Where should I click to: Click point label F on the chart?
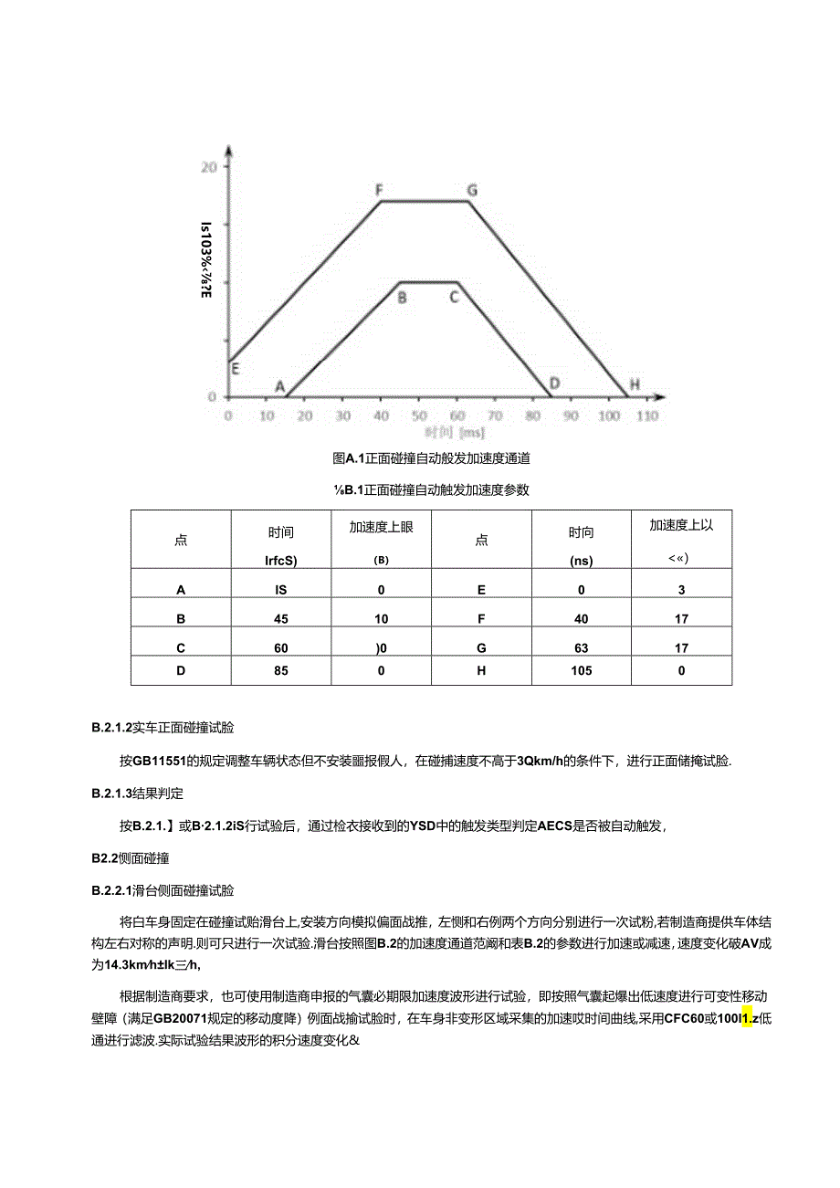379,190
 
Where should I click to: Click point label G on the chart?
472,190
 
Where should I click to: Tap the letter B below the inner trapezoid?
402,296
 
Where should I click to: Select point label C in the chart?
453,296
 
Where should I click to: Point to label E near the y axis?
235,369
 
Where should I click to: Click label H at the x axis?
635,386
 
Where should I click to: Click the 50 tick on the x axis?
419,415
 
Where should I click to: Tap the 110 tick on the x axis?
647,415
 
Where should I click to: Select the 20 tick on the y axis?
209,167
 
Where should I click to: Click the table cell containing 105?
581,670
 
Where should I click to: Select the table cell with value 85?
280,670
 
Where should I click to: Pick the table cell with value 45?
280,618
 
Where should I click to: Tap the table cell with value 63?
581,647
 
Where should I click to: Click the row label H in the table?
481,670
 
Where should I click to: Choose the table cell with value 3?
681,590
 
